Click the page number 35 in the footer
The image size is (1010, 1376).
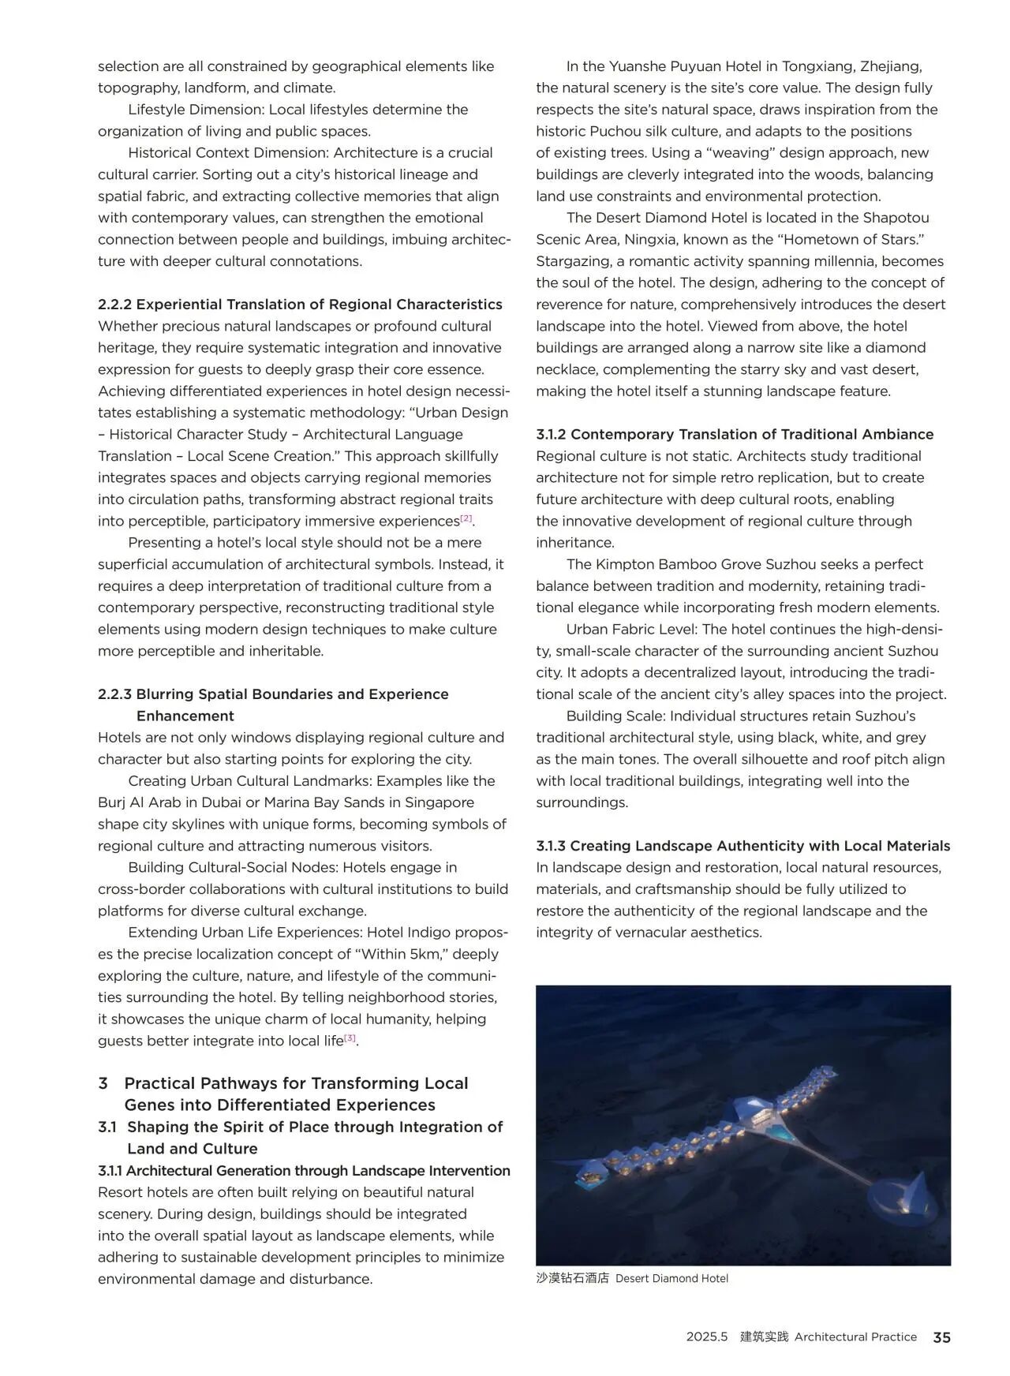[941, 1337]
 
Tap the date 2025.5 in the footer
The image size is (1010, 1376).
[706, 1337]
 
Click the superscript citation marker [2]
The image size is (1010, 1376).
[466, 518]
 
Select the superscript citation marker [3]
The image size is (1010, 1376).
[350, 1038]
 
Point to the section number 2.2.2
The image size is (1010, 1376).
[114, 305]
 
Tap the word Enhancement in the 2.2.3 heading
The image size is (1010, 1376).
[185, 716]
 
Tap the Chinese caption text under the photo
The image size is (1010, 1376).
[572, 1278]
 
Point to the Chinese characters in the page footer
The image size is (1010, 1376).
[764, 1337]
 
